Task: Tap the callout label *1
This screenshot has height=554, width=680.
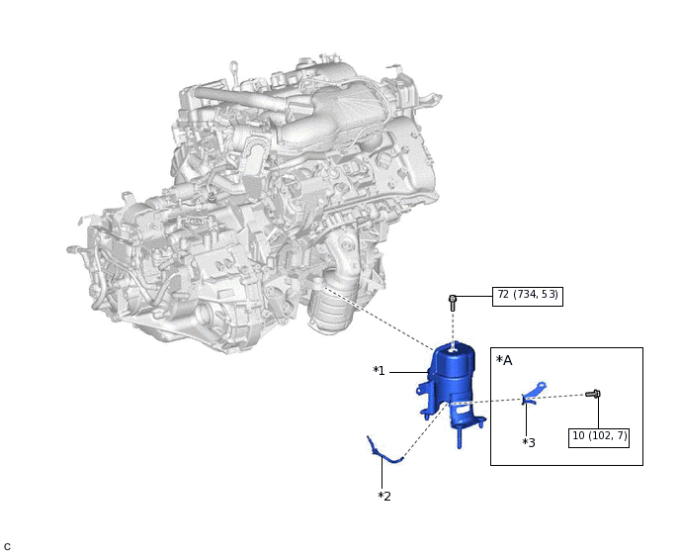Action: point(379,371)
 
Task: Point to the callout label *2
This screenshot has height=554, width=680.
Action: point(384,497)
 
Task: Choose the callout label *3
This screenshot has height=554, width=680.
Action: point(529,443)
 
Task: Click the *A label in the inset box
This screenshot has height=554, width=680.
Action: point(504,360)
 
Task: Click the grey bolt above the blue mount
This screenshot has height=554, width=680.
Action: point(453,302)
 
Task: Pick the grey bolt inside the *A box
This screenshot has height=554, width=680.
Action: point(593,394)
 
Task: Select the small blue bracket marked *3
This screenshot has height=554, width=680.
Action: point(534,393)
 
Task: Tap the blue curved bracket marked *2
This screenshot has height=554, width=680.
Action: point(384,450)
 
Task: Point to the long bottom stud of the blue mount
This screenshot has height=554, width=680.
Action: point(460,437)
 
